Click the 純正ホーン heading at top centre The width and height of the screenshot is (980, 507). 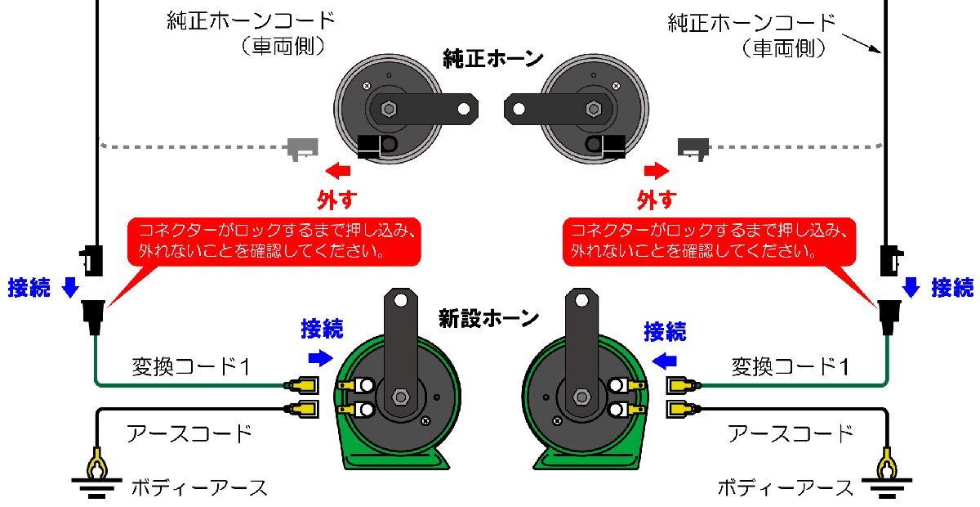pyautogui.click(x=493, y=59)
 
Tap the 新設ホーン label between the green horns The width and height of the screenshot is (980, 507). pyautogui.click(x=488, y=319)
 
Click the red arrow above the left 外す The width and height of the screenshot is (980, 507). pyautogui.click(x=338, y=171)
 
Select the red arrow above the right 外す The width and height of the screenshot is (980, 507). pyautogui.click(x=657, y=171)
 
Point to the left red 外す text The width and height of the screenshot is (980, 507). pyautogui.click(x=336, y=200)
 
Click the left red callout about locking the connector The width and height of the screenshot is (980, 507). pyautogui.click(x=274, y=242)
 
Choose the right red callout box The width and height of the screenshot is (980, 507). pyautogui.click(x=709, y=242)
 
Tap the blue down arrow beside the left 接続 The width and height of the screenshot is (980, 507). pyautogui.click(x=70, y=288)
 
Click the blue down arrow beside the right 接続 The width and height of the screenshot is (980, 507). pyautogui.click(x=911, y=288)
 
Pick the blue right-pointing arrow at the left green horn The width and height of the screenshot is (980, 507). pyautogui.click(x=321, y=358)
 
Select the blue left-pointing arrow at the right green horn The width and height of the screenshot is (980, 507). pyautogui.click(x=664, y=361)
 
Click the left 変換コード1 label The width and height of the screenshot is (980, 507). pyautogui.click(x=191, y=366)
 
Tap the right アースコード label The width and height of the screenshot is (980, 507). pyautogui.click(x=791, y=433)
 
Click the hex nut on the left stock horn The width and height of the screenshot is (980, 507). pyautogui.click(x=388, y=109)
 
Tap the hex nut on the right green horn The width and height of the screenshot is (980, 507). pyautogui.click(x=581, y=397)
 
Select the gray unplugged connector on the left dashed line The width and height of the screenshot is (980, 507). pyautogui.click(x=302, y=149)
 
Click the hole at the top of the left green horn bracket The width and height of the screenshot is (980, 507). pyautogui.click(x=401, y=300)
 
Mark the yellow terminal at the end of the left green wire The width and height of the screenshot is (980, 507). pyautogui.click(x=302, y=386)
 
